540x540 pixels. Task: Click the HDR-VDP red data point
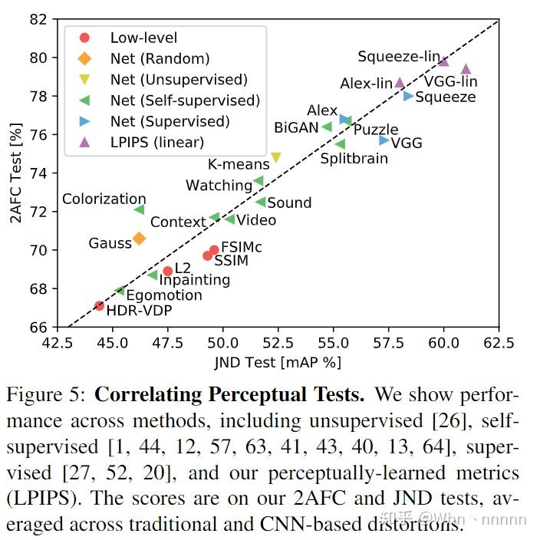coord(99,305)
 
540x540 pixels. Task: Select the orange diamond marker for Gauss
coord(139,239)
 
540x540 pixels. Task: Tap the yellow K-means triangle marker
coord(276,158)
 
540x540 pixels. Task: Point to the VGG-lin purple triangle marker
coord(466,69)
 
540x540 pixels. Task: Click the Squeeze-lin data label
coord(399,57)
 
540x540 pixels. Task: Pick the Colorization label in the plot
coord(104,199)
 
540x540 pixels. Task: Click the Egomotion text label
coord(163,295)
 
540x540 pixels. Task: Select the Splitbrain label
coord(354,159)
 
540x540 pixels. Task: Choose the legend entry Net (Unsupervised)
coord(178,80)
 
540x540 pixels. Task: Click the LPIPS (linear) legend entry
coord(156,142)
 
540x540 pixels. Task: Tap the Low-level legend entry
coord(143,38)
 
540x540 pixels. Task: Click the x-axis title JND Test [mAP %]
coord(278,361)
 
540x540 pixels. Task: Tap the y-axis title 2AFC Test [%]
coord(15,173)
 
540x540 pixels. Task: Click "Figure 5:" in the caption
coord(47,396)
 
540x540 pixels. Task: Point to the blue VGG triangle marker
coord(384,140)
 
